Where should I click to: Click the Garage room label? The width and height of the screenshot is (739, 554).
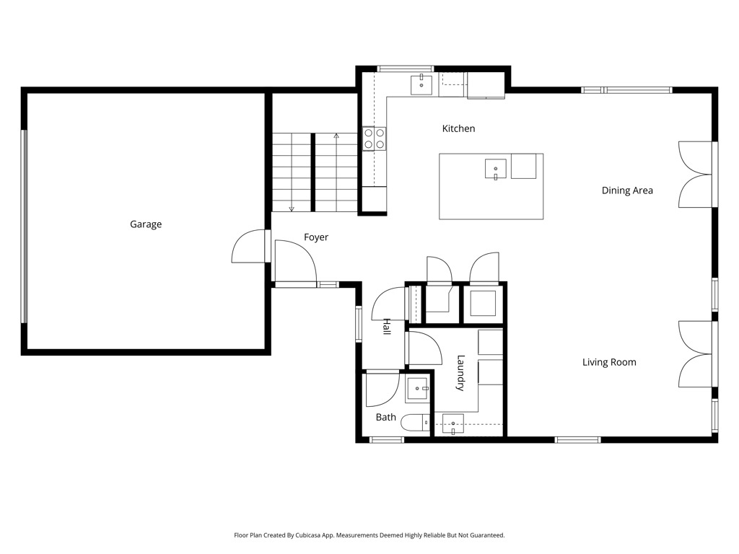146,224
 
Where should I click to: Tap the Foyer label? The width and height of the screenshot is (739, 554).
316,237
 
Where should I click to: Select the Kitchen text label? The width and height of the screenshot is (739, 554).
458,128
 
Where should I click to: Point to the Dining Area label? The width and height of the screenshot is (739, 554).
627,190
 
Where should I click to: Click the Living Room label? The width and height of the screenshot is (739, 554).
609,362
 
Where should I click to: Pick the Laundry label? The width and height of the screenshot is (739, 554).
460,373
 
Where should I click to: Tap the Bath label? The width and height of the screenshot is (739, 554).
385,417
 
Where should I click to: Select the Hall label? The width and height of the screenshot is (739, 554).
387,327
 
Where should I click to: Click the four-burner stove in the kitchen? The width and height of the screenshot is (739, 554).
375,139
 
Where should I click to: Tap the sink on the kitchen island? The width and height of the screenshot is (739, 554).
495,169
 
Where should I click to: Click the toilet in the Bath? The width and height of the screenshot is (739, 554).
415,422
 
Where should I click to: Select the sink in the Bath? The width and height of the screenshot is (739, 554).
418,389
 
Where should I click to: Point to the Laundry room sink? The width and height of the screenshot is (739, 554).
452,423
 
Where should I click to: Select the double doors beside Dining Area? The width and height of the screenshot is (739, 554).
695,175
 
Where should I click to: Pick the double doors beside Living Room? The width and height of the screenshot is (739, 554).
695,354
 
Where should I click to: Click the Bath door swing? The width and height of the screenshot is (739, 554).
382,389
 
